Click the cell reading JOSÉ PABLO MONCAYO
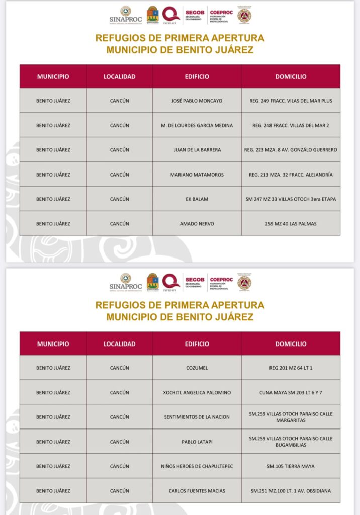pyautogui.click(x=197, y=101)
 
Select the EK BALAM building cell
pyautogui.click(x=197, y=199)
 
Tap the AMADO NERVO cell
pyautogui.click(x=197, y=224)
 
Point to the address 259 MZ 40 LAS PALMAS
pyautogui.click(x=291, y=224)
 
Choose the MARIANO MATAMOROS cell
pyautogui.click(x=197, y=175)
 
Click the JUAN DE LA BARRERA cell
pyautogui.click(x=197, y=150)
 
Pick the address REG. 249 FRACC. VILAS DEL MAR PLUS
pyautogui.click(x=291, y=101)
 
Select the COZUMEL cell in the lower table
pyautogui.click(x=197, y=368)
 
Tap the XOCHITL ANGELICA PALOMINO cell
pyautogui.click(x=197, y=392)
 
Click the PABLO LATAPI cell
pyautogui.click(x=197, y=442)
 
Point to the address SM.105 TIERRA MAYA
pyautogui.click(x=291, y=466)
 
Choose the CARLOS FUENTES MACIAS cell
pyautogui.click(x=197, y=491)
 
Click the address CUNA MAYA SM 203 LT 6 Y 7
pyautogui.click(x=291, y=392)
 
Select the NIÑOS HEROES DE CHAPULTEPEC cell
pyautogui.click(x=197, y=466)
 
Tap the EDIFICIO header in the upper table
pyautogui.click(x=197, y=77)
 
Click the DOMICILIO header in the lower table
pyautogui.click(x=291, y=344)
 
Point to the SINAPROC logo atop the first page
pyautogui.click(x=125, y=15)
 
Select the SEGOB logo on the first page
pyautogui.click(x=194, y=15)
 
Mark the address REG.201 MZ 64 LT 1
pyautogui.click(x=291, y=368)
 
